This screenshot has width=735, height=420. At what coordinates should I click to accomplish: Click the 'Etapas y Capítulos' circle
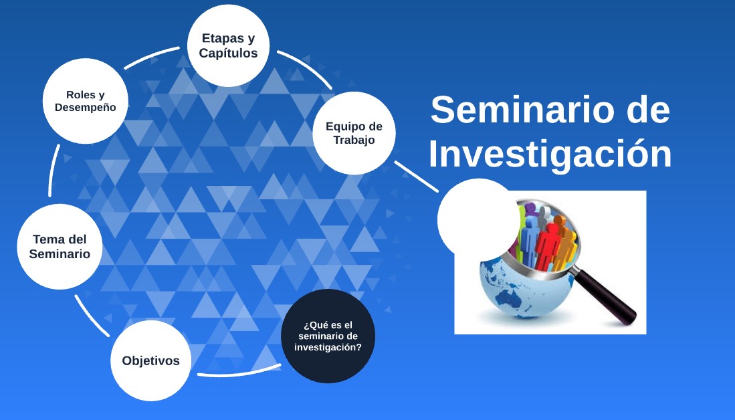pyautogui.click(x=228, y=45)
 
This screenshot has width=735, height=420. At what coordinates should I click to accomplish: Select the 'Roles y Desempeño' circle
pyautogui.click(x=86, y=101)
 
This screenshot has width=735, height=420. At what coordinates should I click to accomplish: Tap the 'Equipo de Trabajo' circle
pyautogui.click(x=354, y=133)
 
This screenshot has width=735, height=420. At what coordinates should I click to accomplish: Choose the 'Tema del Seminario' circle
pyautogui.click(x=60, y=247)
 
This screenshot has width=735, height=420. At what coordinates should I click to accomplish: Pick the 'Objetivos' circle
pyautogui.click(x=151, y=360)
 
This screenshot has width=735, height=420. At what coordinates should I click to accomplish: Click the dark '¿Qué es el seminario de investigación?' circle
pyautogui.click(x=328, y=336)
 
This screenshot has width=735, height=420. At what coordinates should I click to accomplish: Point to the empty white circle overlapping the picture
pyautogui.click(x=479, y=220)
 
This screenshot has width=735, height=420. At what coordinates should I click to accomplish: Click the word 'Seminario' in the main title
pyautogui.click(x=522, y=110)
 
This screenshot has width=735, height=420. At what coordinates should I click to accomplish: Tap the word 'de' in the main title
pyautogui.click(x=648, y=110)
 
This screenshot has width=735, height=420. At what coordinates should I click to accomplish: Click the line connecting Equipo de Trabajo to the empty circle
pyautogui.click(x=417, y=177)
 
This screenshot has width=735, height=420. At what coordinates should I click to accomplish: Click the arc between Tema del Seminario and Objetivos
pyautogui.click(x=92, y=316)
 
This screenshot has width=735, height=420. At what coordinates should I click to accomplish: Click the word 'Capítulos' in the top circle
pyautogui.click(x=228, y=53)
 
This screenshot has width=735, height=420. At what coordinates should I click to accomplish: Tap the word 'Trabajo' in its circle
pyautogui.click(x=354, y=140)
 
